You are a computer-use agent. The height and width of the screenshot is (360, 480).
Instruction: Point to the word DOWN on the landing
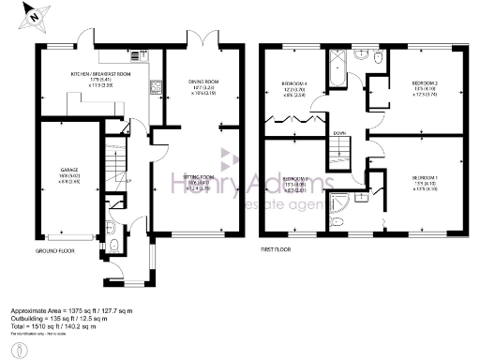339,133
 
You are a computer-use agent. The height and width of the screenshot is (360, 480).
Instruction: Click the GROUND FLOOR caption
55,251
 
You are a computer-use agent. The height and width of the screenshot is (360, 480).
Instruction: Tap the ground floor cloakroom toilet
112,247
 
